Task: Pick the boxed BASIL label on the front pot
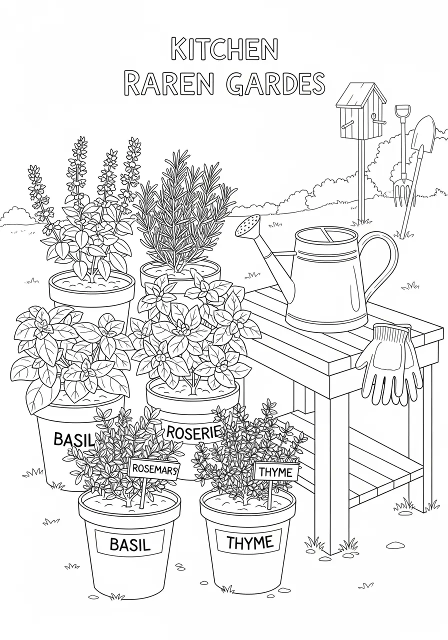129,544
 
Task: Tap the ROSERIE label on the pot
192,432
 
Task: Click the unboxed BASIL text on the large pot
73,440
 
